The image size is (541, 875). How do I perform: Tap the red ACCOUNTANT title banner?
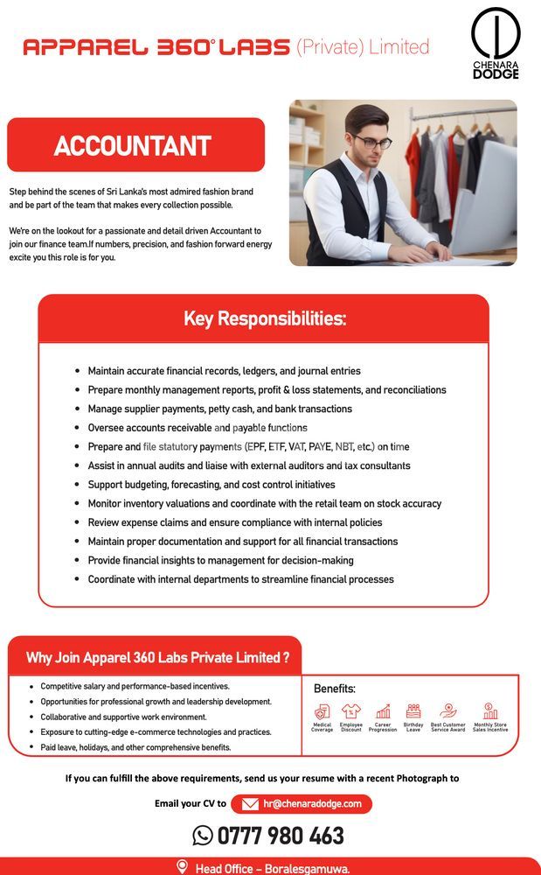click(x=135, y=145)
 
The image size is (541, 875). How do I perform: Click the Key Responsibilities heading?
click(x=264, y=318)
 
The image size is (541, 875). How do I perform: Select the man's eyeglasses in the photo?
click(x=371, y=142)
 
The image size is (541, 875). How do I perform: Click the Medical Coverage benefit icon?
click(x=322, y=711)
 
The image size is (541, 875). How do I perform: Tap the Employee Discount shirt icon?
click(x=351, y=711)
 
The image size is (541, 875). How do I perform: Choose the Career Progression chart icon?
click(x=383, y=711)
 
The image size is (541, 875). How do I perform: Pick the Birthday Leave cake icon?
click(x=413, y=711)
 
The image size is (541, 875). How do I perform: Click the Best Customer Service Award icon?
click(x=448, y=711)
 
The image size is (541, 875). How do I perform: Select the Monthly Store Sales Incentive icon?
click(x=490, y=711)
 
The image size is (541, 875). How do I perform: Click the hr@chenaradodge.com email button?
click(x=302, y=803)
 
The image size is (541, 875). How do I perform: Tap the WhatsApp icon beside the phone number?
click(x=203, y=836)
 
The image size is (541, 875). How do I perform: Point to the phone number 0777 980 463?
click(x=281, y=836)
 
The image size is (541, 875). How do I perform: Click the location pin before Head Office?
click(x=182, y=867)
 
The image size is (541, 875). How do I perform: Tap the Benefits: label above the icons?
click(x=334, y=689)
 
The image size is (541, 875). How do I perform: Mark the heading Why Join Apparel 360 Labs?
click(x=157, y=658)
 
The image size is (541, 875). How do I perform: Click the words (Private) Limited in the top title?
click(x=363, y=46)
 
